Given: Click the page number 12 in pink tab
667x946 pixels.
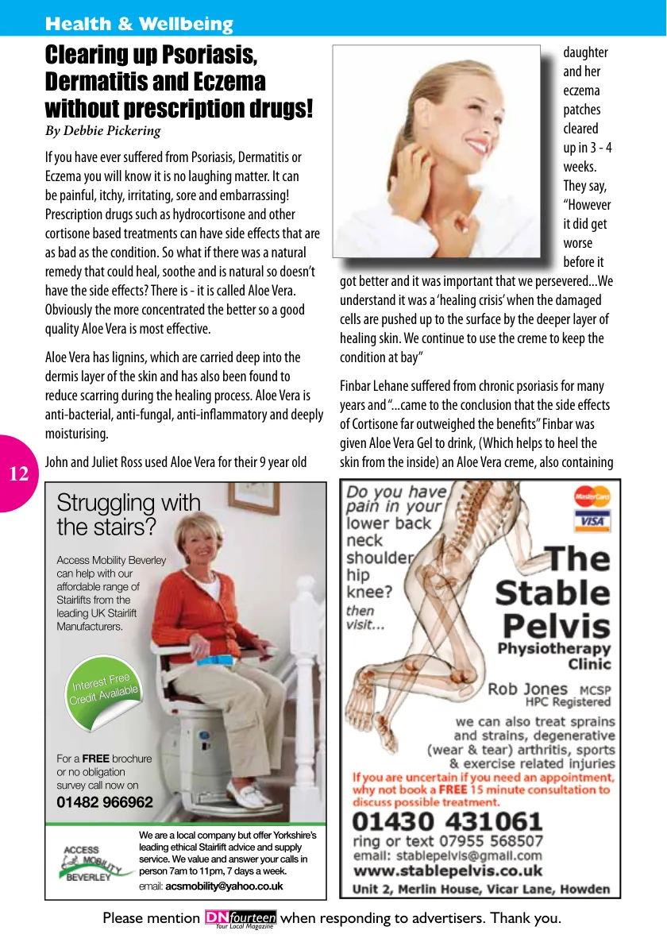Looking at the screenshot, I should [18, 475].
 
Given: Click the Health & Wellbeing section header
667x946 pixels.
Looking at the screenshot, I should [139, 24].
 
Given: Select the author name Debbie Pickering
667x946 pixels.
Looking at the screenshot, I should [114, 131].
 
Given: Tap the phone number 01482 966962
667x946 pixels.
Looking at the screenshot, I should [105, 802].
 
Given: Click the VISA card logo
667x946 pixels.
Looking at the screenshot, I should [592, 521].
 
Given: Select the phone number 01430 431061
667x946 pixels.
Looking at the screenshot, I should [447, 821].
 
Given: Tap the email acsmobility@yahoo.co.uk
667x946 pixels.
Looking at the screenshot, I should [224, 886].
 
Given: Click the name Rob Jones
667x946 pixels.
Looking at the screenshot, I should [527, 689].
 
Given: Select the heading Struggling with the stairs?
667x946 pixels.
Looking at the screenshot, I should [129, 514].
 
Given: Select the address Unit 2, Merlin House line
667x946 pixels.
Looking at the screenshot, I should [481, 889].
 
